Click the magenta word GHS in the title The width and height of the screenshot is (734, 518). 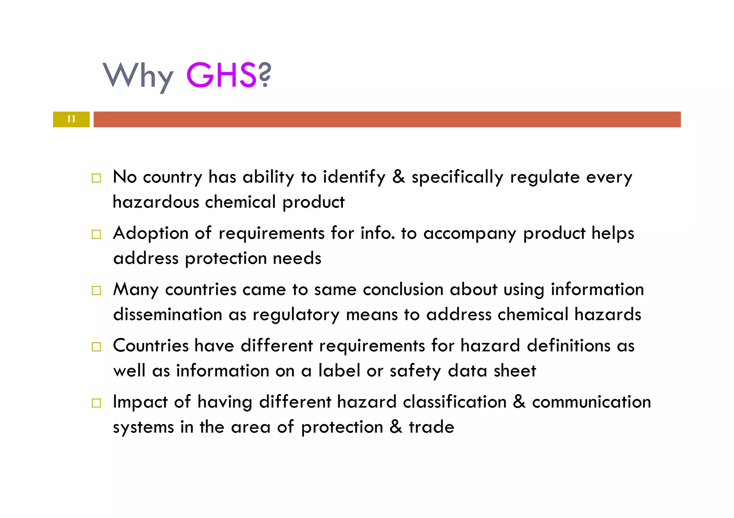221,75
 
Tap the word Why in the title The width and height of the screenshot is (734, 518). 138,76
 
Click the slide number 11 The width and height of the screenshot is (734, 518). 71,119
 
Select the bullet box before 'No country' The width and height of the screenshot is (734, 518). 96,178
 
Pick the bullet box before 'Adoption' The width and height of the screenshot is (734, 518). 96,234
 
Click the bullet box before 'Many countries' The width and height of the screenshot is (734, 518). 96,290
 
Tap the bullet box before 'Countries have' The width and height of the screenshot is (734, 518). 96,347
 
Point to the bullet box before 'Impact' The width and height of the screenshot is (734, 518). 96,403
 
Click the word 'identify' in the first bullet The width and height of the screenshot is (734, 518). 354,177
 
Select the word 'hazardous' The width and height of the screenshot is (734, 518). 156,202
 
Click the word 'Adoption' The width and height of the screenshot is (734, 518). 151,233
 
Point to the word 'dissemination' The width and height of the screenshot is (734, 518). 168,314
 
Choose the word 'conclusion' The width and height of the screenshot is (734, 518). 403,289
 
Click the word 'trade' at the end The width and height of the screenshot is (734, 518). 432,427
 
